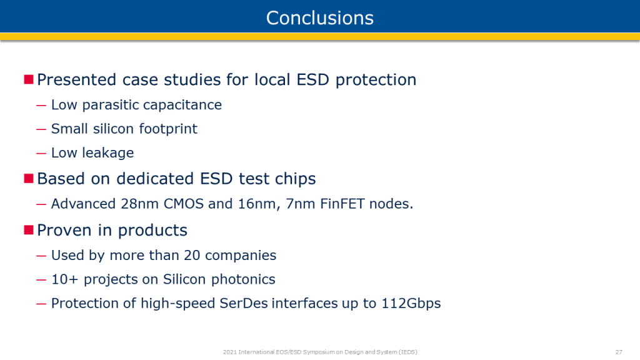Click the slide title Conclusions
(x=320, y=18)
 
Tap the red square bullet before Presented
(x=29, y=79)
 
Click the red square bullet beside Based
(x=29, y=178)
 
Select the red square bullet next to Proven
(x=29, y=230)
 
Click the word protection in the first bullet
(x=376, y=80)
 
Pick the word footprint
(x=168, y=129)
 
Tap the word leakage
(x=107, y=153)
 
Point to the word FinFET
(x=342, y=204)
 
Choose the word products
(x=152, y=231)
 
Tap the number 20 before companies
(x=192, y=256)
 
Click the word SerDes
(x=244, y=303)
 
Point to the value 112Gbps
(x=411, y=304)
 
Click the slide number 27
(x=619, y=352)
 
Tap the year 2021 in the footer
(x=229, y=352)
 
